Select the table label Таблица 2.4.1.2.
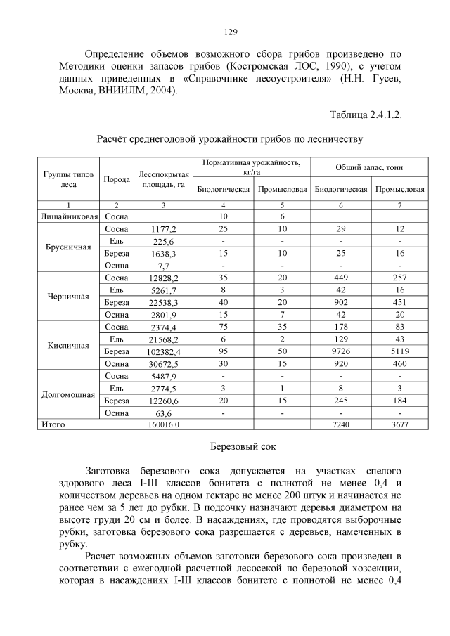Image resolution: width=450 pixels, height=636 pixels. click(365, 114)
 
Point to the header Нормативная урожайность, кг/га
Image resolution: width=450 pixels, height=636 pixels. click(251, 167)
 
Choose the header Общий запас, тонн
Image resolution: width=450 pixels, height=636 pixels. click(370, 167)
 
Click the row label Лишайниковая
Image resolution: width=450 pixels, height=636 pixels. click(68, 217)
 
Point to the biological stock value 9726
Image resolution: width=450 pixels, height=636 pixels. click(341, 351)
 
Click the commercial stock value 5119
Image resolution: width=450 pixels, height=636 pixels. click(399, 351)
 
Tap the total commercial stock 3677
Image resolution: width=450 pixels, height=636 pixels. click(399, 425)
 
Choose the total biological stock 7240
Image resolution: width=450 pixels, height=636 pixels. click(341, 425)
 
